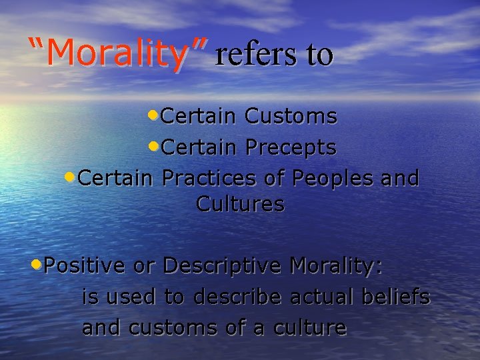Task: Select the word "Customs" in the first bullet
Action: point(291,117)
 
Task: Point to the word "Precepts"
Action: point(291,147)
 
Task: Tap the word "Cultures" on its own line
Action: point(240,204)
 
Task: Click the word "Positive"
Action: point(85,265)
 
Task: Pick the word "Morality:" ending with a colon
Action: point(336,265)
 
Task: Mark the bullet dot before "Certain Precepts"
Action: point(153,145)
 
